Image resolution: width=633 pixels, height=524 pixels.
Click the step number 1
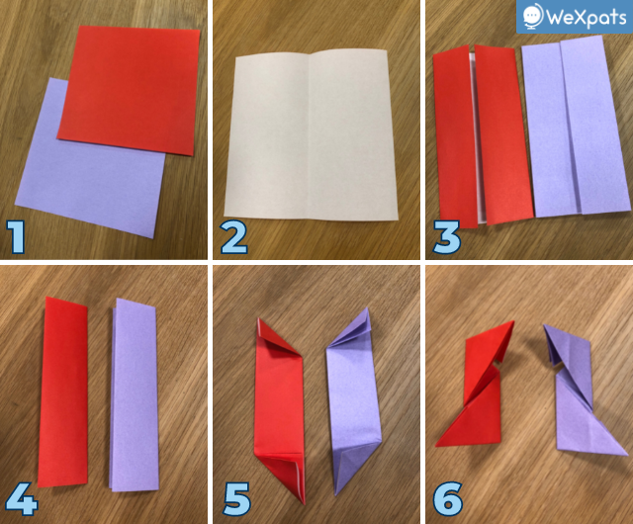click(x=16, y=237)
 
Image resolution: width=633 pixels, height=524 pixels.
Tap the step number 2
click(x=234, y=237)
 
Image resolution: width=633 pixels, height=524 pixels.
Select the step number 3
click(x=446, y=237)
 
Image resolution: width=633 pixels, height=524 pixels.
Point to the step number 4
click(x=22, y=499)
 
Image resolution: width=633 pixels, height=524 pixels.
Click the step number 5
click(x=237, y=499)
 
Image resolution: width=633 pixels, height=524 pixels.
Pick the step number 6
click(x=448, y=499)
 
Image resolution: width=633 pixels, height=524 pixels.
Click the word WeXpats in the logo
click(x=586, y=17)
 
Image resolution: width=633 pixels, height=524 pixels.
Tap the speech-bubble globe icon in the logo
click(x=532, y=16)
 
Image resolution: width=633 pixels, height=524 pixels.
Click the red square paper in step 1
click(x=129, y=90)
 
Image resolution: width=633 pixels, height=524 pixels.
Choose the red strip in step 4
click(x=63, y=392)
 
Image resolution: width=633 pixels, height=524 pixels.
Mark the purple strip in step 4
click(x=135, y=394)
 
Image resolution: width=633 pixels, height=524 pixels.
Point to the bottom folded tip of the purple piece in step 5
click(x=336, y=493)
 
